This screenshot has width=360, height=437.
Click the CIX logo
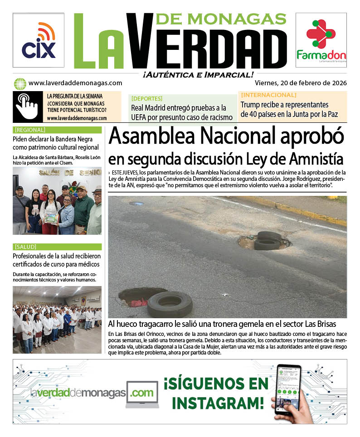tap(39, 41)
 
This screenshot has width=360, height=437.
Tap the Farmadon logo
tap(321, 41)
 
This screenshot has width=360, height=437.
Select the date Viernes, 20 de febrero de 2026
tap(301, 83)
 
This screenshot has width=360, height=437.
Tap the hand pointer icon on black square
tap(27, 107)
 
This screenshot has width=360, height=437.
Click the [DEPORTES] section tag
tap(146, 98)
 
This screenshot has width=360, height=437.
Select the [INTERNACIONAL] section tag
tap(269, 95)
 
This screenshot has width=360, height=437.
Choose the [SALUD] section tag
tap(27, 247)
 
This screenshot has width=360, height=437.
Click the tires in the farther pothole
tap(268, 240)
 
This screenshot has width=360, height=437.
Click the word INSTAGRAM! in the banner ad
tap(218, 402)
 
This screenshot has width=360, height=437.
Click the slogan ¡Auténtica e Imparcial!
tap(197, 74)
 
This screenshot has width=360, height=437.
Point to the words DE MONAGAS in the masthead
tap(221, 18)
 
